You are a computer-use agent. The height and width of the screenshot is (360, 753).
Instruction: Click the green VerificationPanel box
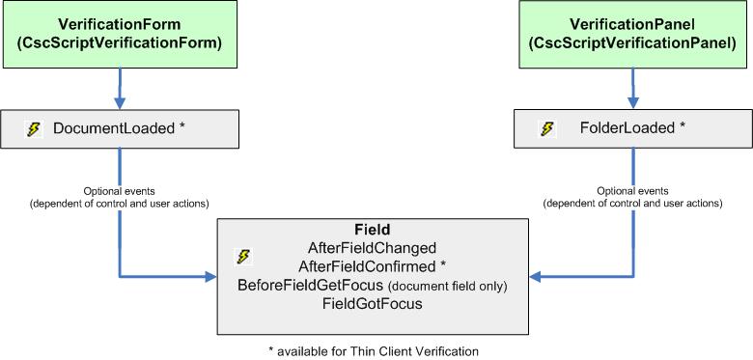(x=633, y=34)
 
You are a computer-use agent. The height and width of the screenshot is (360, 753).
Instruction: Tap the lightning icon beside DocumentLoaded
(x=34, y=128)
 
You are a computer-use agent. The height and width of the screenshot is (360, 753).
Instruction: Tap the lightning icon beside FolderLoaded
(x=547, y=128)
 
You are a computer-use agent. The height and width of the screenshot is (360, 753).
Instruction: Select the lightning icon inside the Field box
(x=243, y=257)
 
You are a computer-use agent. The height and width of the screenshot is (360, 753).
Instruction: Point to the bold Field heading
(x=372, y=231)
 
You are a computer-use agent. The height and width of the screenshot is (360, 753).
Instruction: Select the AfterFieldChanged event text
(x=372, y=248)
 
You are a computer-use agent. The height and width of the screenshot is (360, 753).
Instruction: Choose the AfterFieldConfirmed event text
(x=372, y=266)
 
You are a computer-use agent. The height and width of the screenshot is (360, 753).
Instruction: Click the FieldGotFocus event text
(x=372, y=304)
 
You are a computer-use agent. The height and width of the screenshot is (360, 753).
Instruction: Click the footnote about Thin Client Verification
(x=373, y=349)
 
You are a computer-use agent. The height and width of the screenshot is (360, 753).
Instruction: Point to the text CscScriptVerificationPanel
(x=633, y=42)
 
